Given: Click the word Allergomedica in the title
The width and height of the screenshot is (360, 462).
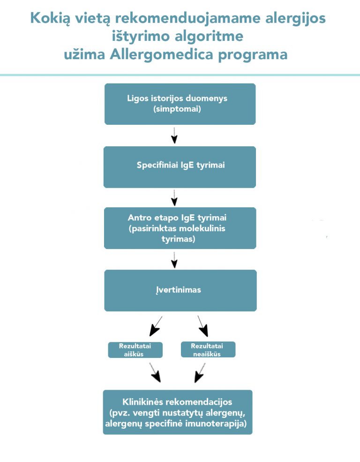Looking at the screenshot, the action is [161, 54].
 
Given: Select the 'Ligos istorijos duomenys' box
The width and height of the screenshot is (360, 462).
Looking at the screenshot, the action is [180, 104].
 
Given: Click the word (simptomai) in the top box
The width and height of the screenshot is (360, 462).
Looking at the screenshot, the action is [177, 109].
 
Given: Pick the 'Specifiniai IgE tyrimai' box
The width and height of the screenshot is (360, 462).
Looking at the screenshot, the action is [180, 167].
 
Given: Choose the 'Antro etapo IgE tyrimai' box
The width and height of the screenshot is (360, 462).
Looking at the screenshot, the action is [180, 228].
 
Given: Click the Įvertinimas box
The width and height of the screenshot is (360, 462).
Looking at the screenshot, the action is [180, 290].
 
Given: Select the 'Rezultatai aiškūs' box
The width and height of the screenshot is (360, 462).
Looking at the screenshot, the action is [135, 350].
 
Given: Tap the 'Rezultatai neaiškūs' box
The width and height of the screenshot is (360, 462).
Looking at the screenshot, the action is [208, 349].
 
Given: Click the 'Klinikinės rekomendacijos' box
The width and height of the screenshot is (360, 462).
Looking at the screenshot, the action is [178, 412].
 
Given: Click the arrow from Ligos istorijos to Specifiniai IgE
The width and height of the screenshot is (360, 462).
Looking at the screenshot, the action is [174, 136].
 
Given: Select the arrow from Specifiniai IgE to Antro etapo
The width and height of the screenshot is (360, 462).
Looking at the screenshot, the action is [174, 198].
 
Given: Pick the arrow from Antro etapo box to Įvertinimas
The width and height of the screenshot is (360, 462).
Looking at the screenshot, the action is [174, 260].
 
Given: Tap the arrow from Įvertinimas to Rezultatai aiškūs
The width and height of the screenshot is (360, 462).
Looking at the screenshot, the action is [156, 326].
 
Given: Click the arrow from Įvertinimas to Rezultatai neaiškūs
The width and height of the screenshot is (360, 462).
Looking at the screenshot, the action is [203, 326].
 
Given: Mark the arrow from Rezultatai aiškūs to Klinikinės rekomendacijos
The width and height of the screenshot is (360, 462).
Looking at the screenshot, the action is [155, 372].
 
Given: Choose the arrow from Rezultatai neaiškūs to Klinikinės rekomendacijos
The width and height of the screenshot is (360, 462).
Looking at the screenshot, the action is [200, 373].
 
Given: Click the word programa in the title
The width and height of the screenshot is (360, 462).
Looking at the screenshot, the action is [253, 55].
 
